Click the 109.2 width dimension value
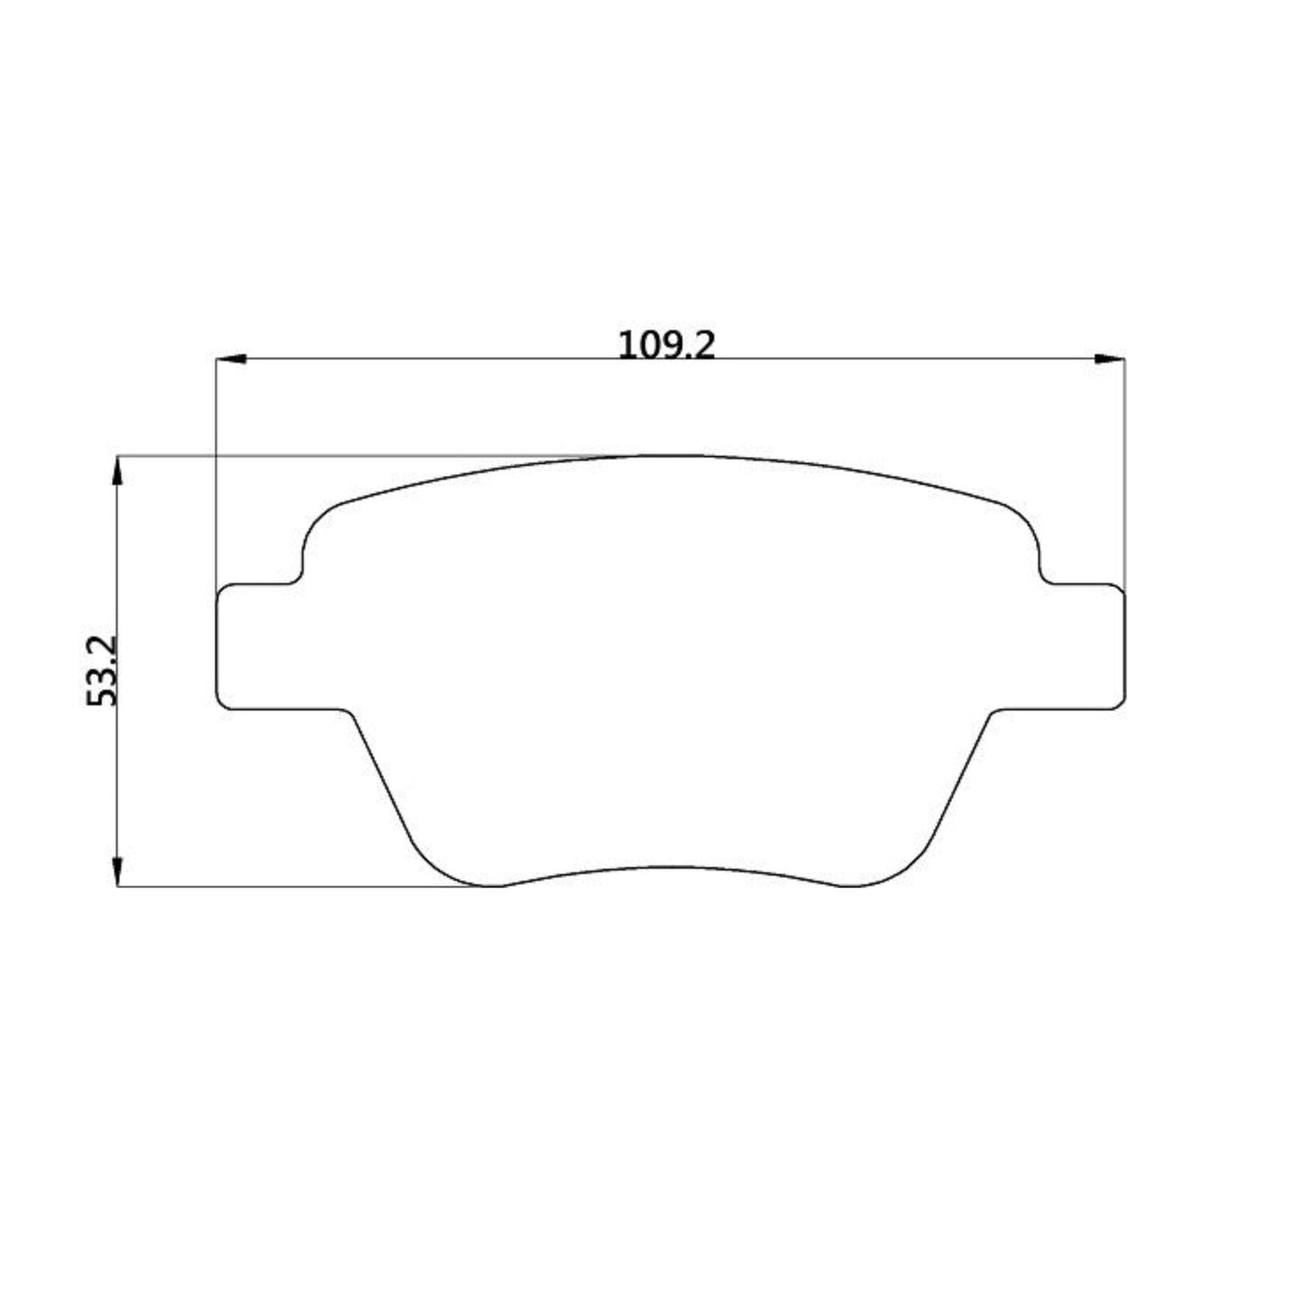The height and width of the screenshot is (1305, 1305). (666, 345)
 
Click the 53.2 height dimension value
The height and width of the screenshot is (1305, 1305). (102, 670)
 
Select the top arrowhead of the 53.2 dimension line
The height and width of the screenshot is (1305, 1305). (117, 471)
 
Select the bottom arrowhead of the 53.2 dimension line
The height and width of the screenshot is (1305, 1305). (117, 871)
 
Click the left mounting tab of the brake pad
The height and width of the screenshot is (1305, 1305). (262, 647)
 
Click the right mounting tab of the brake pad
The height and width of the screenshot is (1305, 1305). (1079, 647)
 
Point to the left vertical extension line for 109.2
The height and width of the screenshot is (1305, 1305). (217, 470)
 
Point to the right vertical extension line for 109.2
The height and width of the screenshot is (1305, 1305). (1124, 470)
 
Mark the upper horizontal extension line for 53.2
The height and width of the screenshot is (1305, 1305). (361, 456)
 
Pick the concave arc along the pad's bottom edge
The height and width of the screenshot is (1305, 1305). (668, 868)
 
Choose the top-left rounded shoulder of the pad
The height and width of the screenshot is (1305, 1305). (316, 524)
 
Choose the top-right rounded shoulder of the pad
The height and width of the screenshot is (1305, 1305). (1026, 524)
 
